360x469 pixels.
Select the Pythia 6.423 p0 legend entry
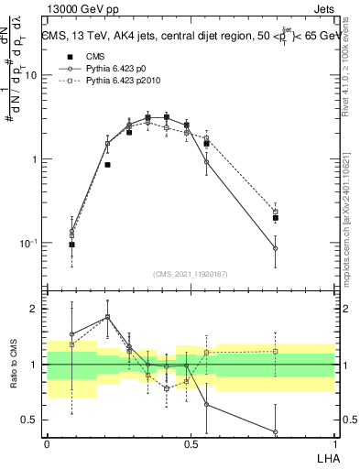(103, 69)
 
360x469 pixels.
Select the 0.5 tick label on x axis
(190, 444)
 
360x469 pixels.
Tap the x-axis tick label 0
(47, 444)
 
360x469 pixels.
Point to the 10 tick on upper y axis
(32, 75)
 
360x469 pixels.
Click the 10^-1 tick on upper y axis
(30, 243)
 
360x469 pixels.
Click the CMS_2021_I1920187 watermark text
(191, 274)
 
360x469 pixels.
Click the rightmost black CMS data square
(275, 218)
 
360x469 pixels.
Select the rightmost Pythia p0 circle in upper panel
(275, 248)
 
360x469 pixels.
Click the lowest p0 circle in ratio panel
(275, 431)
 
